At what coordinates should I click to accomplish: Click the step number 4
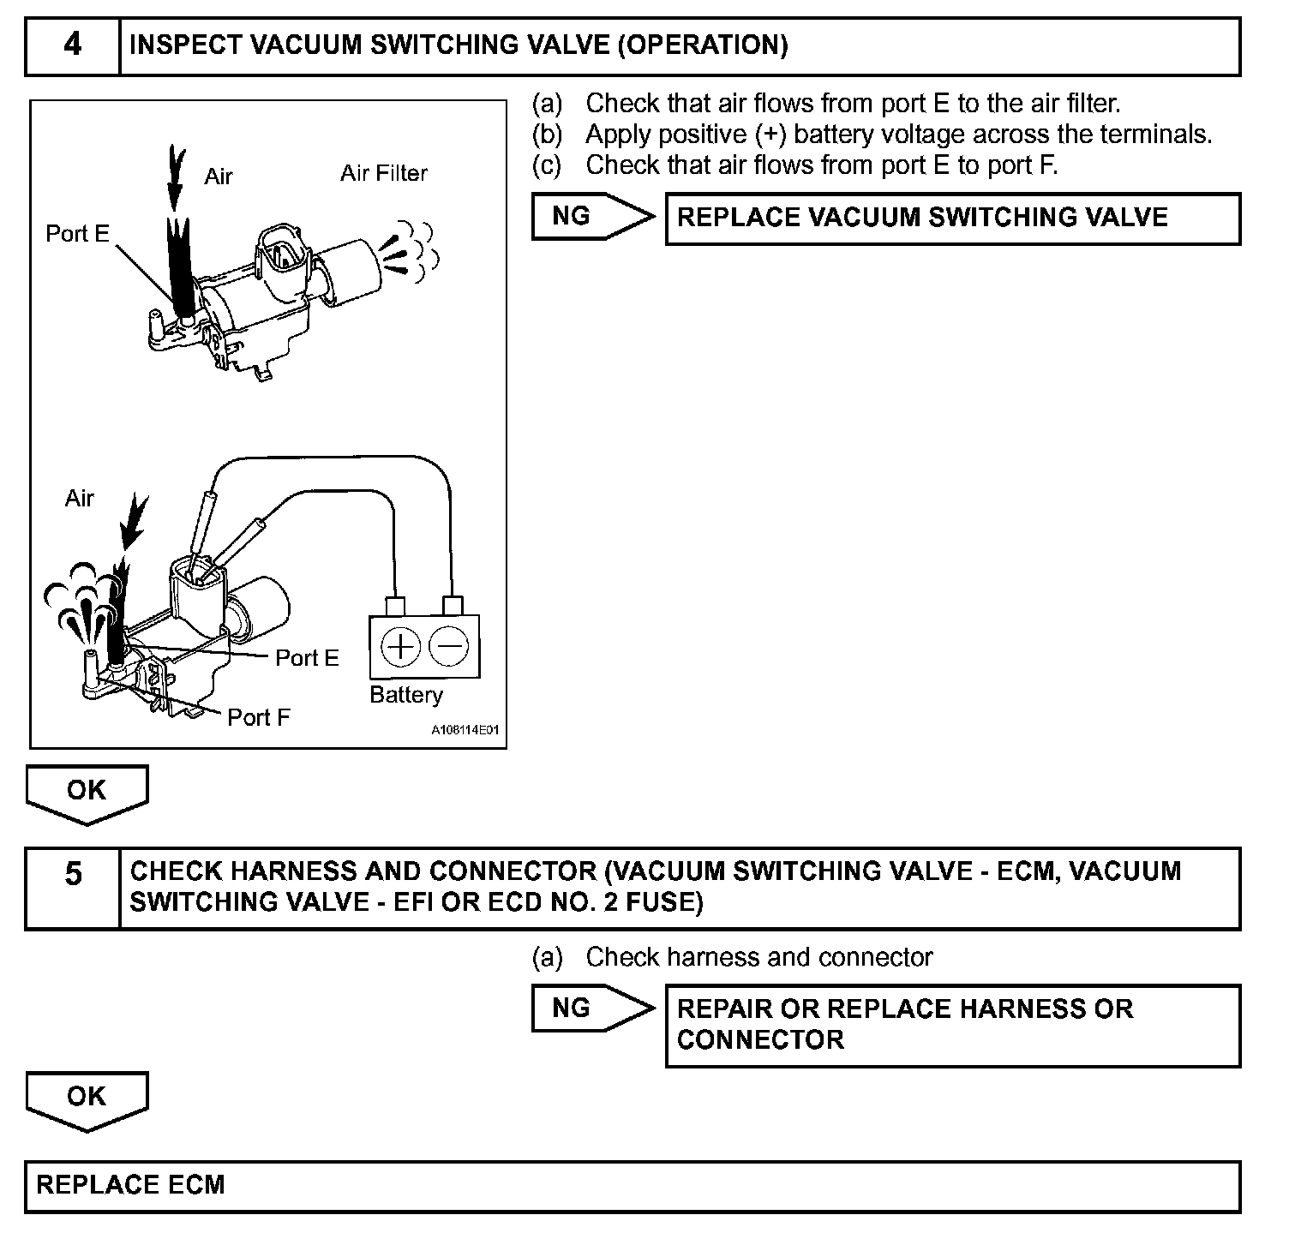(72, 45)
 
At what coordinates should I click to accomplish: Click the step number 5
(74, 874)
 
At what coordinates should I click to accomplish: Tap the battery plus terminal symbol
(400, 646)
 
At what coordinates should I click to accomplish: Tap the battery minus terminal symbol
(448, 646)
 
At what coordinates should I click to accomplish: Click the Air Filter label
(383, 173)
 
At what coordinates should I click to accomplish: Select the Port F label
(258, 717)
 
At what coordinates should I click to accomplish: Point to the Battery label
(406, 694)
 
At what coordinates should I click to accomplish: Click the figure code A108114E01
(464, 731)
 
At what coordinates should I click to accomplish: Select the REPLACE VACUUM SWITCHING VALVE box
(952, 218)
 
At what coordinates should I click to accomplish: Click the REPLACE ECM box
(632, 1186)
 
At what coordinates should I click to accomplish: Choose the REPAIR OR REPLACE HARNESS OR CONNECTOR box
(952, 1025)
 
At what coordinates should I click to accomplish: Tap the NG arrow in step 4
(591, 217)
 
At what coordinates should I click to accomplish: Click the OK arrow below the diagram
(87, 793)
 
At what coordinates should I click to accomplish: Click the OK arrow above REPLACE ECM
(87, 1098)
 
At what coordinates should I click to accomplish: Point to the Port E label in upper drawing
(77, 233)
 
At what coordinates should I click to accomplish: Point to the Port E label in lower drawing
(307, 657)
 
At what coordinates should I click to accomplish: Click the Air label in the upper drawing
(218, 177)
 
